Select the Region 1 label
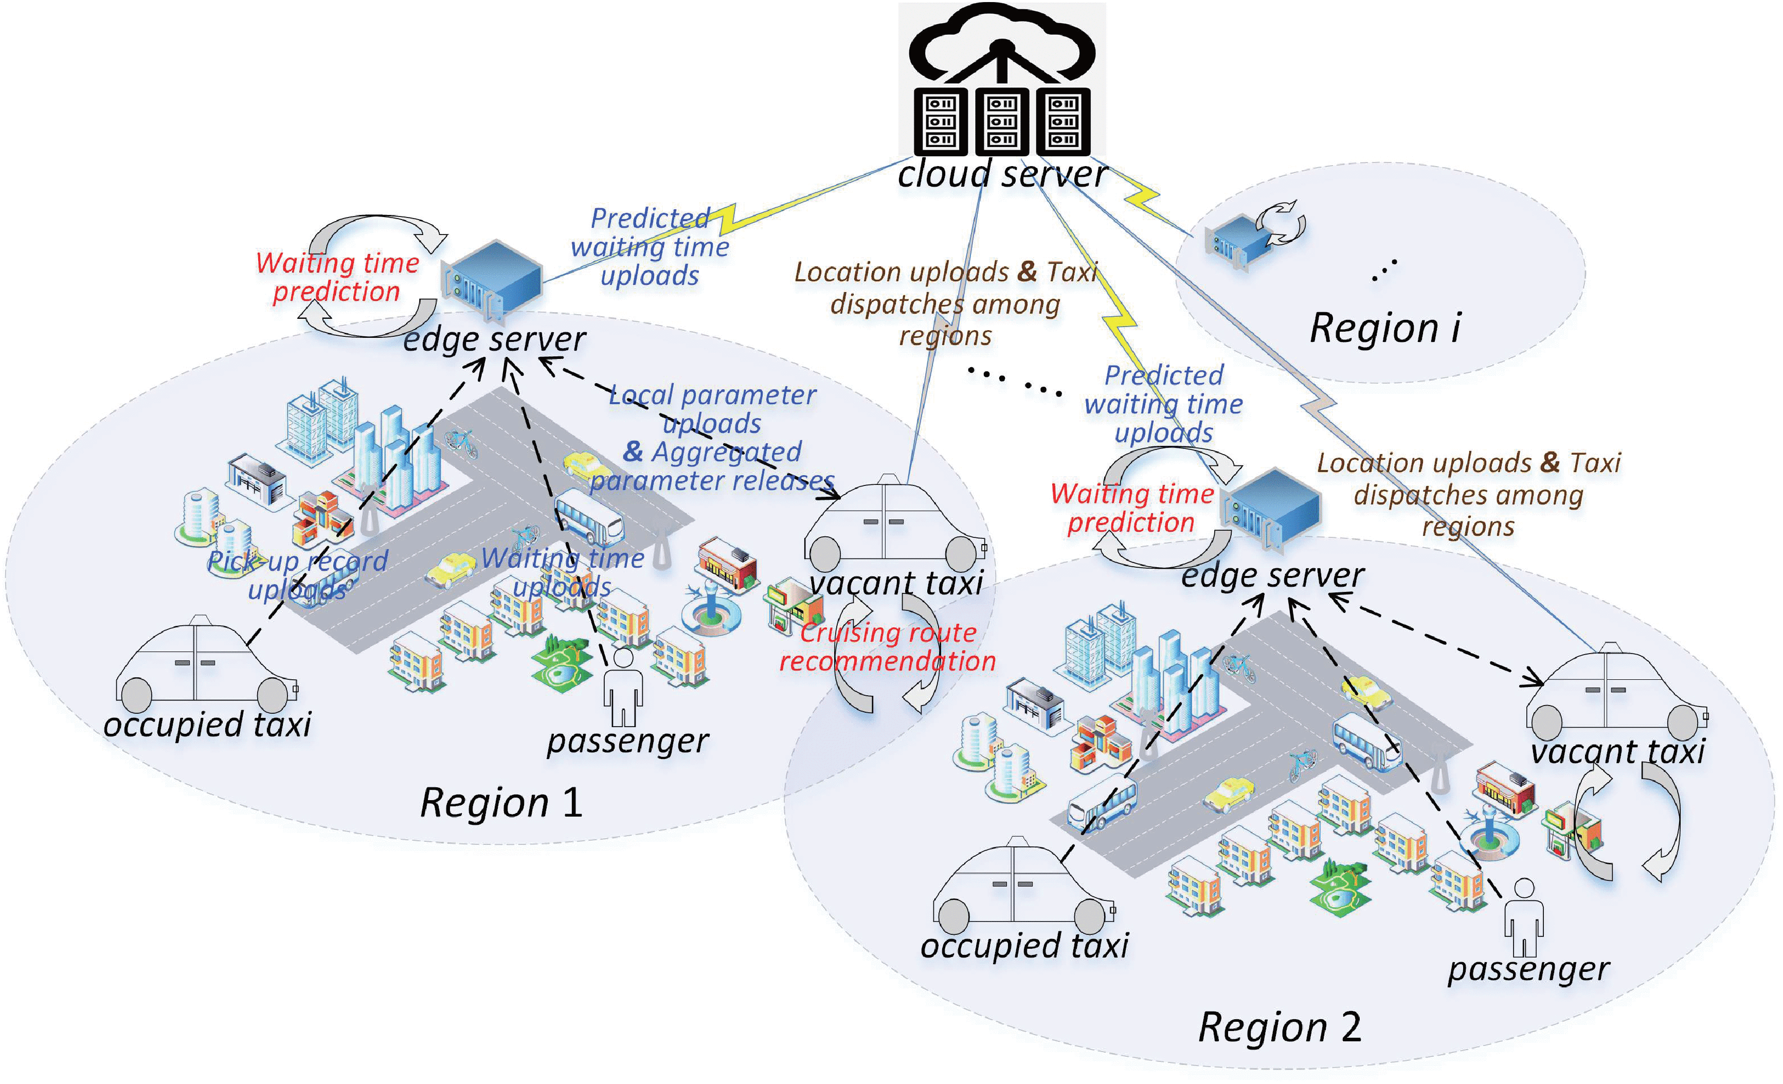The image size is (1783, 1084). [501, 803]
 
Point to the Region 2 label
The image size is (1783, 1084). [1280, 1027]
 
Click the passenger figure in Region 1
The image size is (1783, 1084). [623, 688]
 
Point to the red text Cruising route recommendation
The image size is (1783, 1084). [887, 647]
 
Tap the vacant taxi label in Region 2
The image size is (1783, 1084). [1618, 751]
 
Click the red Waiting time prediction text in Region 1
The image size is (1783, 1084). [337, 277]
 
